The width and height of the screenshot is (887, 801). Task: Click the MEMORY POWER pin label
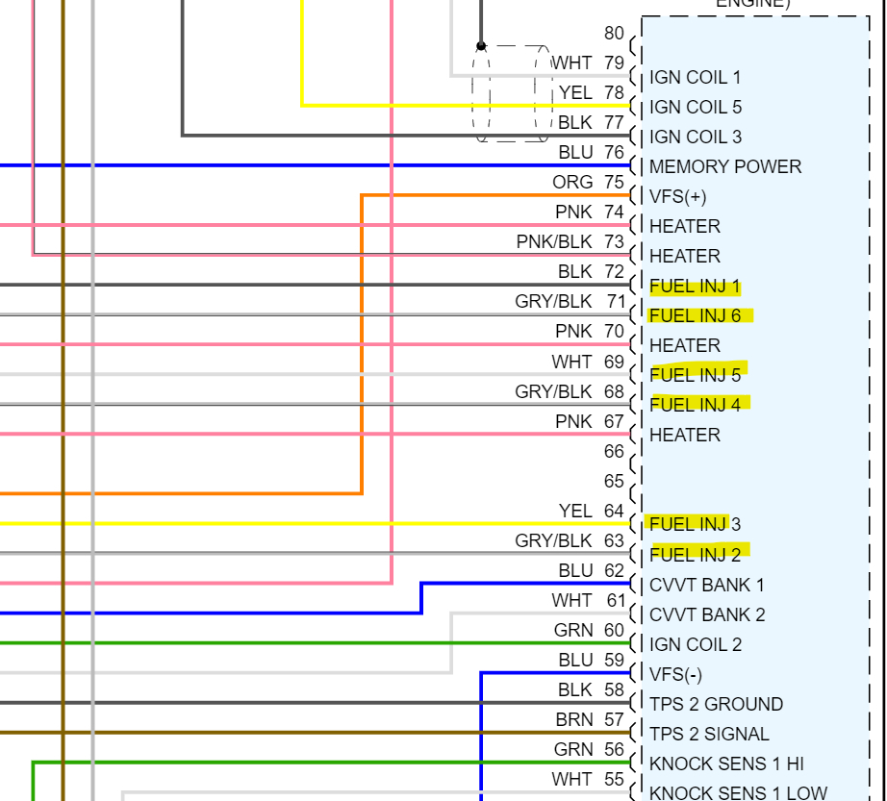724,166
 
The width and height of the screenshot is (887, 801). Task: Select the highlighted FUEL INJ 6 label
695,315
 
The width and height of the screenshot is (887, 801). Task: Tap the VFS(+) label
677,196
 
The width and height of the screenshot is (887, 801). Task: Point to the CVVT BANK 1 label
707,585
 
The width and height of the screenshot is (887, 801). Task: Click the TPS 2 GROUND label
716,704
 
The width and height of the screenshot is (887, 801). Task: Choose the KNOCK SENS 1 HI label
726,763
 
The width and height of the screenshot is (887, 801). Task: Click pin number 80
614,33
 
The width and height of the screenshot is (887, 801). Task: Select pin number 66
614,451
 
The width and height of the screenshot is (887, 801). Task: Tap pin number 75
614,182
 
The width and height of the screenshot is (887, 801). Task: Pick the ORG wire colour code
572,182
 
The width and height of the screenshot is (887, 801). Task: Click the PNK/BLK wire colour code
554,241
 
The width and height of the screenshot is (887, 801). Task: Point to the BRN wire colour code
573,719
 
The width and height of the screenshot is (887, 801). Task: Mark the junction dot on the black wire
481,45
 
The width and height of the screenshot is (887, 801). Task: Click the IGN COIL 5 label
696,107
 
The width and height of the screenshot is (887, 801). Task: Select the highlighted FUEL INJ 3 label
695,524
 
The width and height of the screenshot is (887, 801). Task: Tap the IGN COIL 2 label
696,644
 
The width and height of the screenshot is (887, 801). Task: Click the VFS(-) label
675,674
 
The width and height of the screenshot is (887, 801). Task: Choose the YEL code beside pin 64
575,511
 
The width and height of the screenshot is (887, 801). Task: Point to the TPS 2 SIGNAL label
709,734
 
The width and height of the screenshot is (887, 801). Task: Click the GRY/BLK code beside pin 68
553,391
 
